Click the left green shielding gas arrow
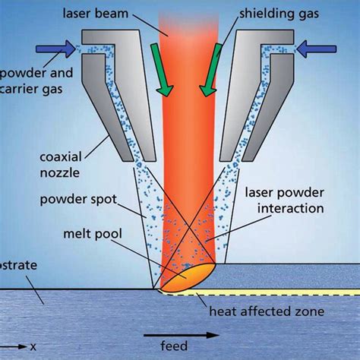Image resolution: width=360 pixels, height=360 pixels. pos(159,77)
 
